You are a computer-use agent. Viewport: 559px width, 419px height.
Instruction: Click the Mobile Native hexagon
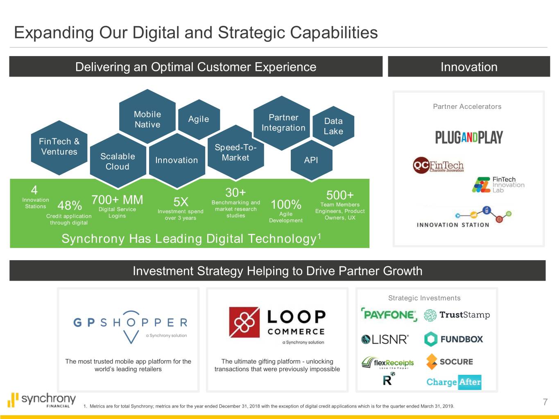pyautogui.click(x=147, y=117)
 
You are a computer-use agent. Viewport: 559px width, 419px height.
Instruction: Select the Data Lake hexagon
pyautogui.click(x=333, y=126)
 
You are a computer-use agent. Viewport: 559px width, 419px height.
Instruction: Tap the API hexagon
pyautogui.click(x=312, y=160)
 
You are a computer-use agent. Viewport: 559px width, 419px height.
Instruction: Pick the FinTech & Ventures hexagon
pyautogui.click(x=59, y=148)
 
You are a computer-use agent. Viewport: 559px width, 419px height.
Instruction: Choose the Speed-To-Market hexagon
pyautogui.click(x=235, y=153)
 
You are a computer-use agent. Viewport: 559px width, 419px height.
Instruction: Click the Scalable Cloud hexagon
pyautogui.click(x=118, y=161)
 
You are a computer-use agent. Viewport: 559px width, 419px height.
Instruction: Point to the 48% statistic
pyautogui.click(x=70, y=205)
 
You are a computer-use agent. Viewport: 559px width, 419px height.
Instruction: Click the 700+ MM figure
pyautogui.click(x=117, y=200)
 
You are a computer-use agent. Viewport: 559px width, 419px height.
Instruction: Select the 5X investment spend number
pyautogui.click(x=181, y=202)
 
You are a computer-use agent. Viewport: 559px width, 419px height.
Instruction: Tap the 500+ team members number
pyautogui.click(x=340, y=195)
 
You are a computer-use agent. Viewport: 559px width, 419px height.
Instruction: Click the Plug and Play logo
pyautogui.click(x=469, y=137)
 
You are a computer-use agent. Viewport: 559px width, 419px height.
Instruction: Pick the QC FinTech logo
pyautogui.click(x=438, y=165)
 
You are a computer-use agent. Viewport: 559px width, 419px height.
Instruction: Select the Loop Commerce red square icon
pyautogui.click(x=244, y=322)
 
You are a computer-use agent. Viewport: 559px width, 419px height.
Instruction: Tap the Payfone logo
pyautogui.click(x=389, y=315)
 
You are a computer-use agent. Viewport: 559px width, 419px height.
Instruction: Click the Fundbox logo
pyautogui.click(x=454, y=339)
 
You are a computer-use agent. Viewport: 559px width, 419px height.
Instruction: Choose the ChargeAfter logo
pyautogui.click(x=454, y=382)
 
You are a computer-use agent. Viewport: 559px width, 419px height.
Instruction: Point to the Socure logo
pyautogui.click(x=450, y=361)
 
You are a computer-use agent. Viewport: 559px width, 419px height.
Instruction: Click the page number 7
pyautogui.click(x=545, y=402)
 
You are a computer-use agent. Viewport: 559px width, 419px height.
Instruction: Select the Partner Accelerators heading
pyautogui.click(x=467, y=106)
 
